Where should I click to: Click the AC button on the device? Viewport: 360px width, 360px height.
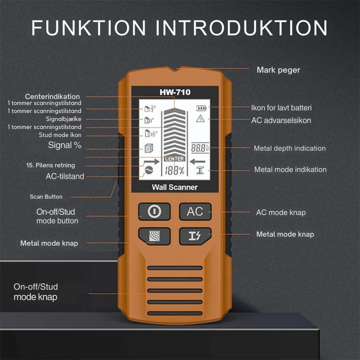click(195, 211)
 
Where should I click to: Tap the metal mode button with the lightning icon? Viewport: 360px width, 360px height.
click(195, 236)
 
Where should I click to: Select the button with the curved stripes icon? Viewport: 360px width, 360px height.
click(154, 236)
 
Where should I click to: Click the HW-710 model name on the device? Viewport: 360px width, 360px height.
click(175, 92)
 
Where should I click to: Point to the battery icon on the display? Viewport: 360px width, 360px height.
click(201, 108)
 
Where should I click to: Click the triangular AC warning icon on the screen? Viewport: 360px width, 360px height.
click(200, 118)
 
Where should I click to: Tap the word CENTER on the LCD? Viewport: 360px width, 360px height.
click(174, 159)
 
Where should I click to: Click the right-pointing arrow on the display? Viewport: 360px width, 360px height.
click(152, 162)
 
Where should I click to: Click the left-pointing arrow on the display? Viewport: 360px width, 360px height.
click(197, 162)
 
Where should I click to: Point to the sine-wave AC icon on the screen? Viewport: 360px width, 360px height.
click(149, 171)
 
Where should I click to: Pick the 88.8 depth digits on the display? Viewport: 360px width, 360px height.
click(199, 148)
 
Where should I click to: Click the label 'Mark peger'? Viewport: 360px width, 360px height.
click(278, 70)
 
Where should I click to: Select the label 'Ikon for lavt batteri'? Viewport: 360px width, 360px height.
click(281, 108)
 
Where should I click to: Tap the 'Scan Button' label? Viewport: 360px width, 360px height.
click(46, 197)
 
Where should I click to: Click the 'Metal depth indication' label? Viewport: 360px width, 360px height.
click(290, 148)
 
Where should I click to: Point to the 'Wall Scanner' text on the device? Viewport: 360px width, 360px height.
click(175, 187)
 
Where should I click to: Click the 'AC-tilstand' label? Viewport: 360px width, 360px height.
click(65, 176)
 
